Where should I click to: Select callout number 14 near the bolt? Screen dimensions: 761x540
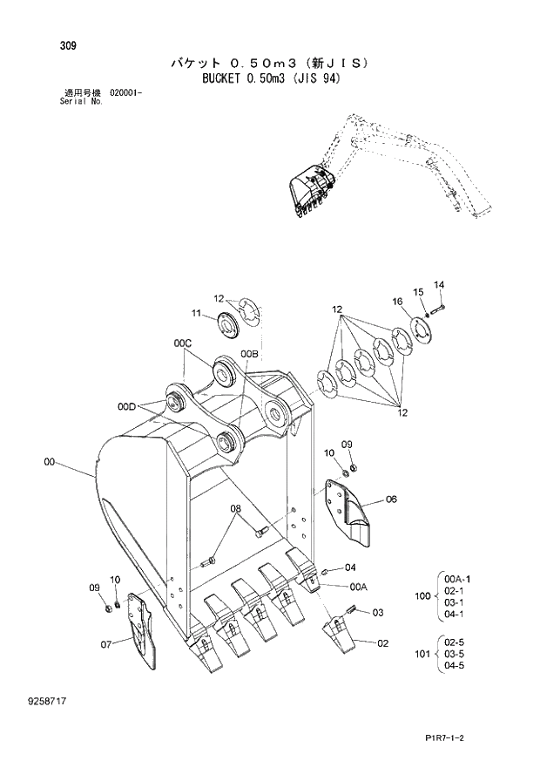[x=439, y=284]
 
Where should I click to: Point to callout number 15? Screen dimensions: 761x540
[x=418, y=292]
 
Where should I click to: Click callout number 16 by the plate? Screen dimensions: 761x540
[x=397, y=302]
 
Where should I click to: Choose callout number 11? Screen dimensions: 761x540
[x=197, y=313]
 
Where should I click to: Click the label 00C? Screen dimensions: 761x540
[x=182, y=344]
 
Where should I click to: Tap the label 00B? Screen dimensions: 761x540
[x=249, y=353]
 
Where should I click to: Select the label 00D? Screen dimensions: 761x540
[x=127, y=406]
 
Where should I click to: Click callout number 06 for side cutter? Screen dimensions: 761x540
[x=390, y=499]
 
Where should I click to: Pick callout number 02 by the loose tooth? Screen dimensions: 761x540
[x=382, y=643]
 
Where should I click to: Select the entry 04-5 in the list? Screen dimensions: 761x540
[x=455, y=666]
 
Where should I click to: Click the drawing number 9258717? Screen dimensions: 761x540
[x=57, y=700]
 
